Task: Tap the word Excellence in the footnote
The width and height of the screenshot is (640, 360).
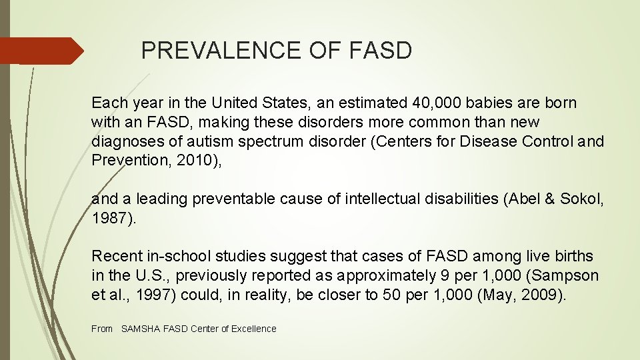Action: coord(253,329)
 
